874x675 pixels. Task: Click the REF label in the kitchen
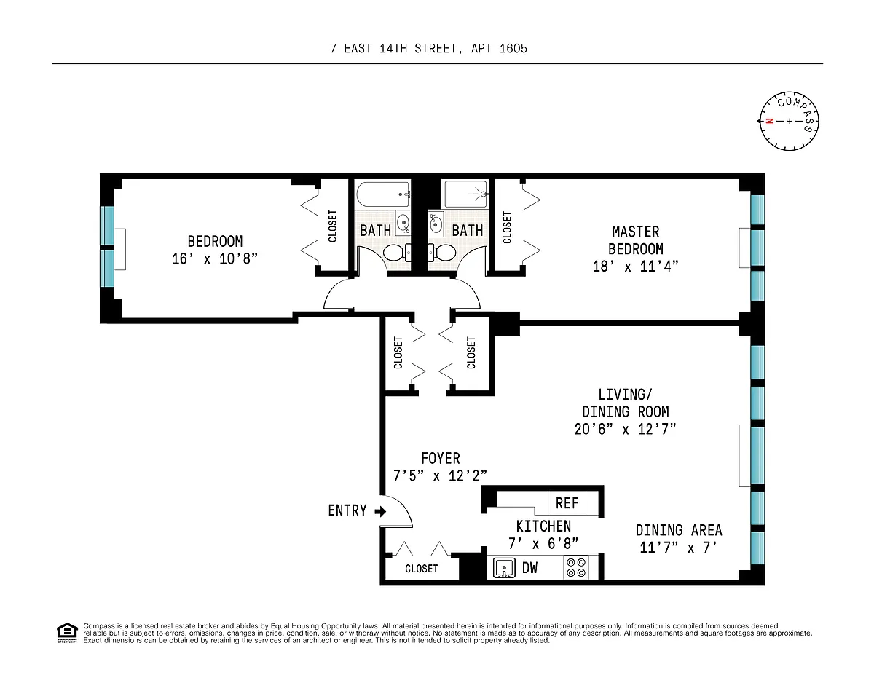point(567,503)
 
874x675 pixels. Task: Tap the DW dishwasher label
point(529,568)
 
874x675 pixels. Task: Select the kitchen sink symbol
point(504,568)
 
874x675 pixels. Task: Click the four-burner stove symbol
point(576,567)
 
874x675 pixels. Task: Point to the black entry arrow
point(380,511)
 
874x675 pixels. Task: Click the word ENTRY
point(347,510)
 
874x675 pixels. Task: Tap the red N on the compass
point(769,121)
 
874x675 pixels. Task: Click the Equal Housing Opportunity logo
point(67,633)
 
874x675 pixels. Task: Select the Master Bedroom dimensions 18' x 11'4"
point(635,266)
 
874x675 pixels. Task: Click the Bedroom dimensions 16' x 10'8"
point(214,258)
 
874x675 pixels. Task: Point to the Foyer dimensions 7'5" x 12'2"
point(440,475)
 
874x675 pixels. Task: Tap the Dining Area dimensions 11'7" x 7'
point(678,547)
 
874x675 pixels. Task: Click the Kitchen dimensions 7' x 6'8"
point(543,543)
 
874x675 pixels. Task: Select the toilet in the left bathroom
point(397,253)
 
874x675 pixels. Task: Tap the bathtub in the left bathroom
point(383,195)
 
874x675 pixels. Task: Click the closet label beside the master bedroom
point(507,227)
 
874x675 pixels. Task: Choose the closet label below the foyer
point(421,569)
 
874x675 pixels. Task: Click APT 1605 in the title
point(499,49)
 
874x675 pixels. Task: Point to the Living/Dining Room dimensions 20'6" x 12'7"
point(625,429)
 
